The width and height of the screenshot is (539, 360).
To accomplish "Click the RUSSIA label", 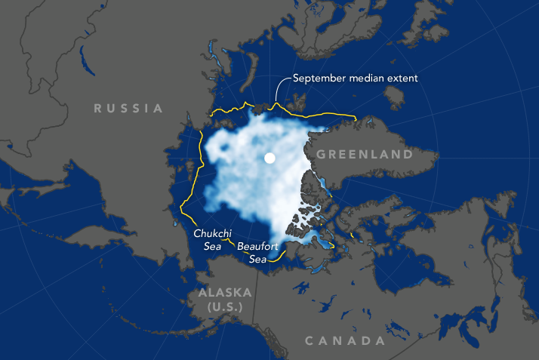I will coord(128,109).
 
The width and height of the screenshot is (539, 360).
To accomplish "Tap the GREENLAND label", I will coord(364,155).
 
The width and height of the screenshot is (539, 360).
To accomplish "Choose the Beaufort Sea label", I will coord(257,251).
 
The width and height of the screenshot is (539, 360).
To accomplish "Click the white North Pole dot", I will coord(269,158).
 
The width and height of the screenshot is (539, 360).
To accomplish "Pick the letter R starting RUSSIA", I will coord(98,109).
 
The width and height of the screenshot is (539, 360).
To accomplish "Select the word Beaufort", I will coord(257,246).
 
